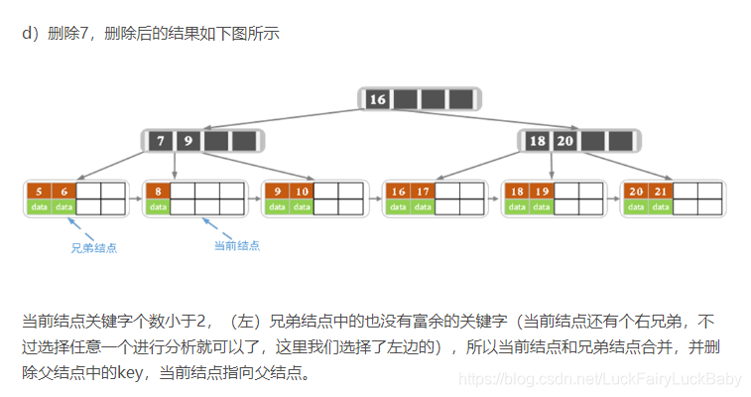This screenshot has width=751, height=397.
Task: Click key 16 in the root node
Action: click(x=377, y=99)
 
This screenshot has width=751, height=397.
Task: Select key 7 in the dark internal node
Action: click(x=161, y=141)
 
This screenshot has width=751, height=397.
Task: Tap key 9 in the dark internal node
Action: click(x=186, y=141)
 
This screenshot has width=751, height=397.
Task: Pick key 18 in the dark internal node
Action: click(x=537, y=141)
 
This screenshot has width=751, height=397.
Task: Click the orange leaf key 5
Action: click(x=38, y=191)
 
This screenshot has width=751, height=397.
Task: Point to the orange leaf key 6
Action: click(x=63, y=191)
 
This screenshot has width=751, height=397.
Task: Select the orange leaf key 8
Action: click(x=158, y=191)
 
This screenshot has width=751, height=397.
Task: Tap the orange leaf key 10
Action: click(x=303, y=191)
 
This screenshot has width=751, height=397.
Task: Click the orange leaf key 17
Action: click(x=423, y=191)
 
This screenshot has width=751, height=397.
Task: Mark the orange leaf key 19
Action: click(x=542, y=191)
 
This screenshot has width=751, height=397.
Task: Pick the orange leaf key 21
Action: click(x=661, y=191)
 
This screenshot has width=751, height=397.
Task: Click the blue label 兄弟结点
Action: click(x=93, y=247)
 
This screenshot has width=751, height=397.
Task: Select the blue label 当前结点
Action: click(x=237, y=245)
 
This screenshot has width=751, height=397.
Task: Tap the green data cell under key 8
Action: click(x=158, y=206)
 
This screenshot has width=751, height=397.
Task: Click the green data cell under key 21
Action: click(x=661, y=206)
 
